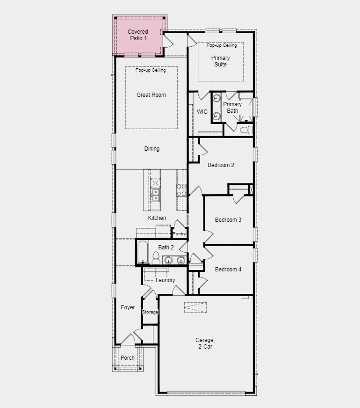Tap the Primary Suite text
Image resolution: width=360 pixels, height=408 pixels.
[220, 61]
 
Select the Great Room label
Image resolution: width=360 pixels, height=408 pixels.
[151, 95]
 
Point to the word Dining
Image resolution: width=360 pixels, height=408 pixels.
[151, 149]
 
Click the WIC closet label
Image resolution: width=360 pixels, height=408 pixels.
[202, 112]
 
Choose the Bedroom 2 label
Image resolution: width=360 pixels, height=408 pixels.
[221, 165]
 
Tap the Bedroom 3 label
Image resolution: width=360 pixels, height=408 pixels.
[228, 220]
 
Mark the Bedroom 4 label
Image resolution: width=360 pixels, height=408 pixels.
[228, 269]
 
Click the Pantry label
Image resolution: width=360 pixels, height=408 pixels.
[179, 234]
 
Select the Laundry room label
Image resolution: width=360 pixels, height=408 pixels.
[165, 280]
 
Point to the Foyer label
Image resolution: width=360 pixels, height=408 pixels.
[128, 307]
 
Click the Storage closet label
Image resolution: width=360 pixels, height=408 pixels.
[150, 312]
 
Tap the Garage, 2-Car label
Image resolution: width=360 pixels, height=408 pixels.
[205, 343]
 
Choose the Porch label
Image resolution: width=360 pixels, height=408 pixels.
[128, 358]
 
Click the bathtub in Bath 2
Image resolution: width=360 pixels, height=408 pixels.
[143, 253]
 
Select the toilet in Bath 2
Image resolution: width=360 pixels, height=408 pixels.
[156, 258]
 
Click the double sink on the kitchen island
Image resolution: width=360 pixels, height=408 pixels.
[155, 194]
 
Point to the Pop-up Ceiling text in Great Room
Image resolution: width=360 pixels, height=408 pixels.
[151, 70]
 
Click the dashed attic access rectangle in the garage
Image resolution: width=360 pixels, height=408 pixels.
[195, 307]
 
